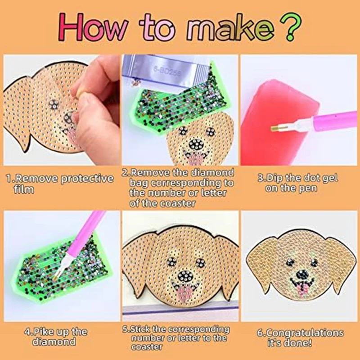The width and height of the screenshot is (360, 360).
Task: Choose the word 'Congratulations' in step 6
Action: click(306, 333)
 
